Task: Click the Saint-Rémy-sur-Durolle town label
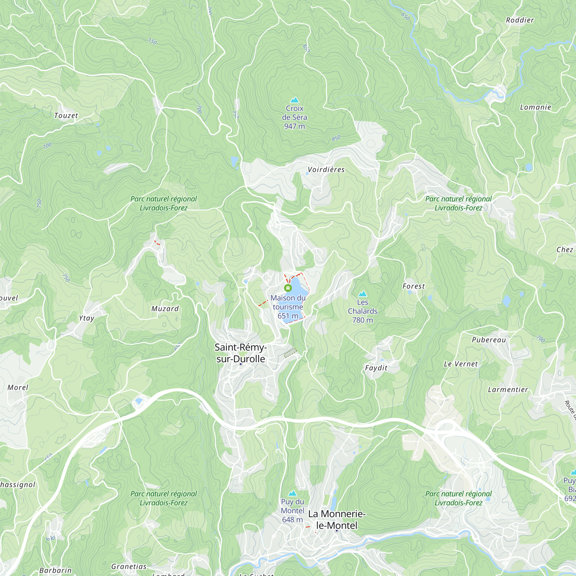tap(240, 353)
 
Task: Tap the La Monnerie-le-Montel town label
tap(337, 519)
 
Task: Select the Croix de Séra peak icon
tap(295, 100)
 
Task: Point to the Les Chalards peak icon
tap(363, 294)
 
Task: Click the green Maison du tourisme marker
tap(288, 288)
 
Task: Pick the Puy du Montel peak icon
tap(293, 493)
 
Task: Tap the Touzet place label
tap(66, 116)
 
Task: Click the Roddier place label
tap(520, 20)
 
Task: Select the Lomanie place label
tap(535, 107)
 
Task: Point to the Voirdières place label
tap(326, 170)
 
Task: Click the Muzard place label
tap(165, 309)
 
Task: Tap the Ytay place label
tap(86, 318)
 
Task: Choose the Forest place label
tap(414, 286)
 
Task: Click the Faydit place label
tap(376, 368)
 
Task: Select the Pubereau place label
tap(489, 340)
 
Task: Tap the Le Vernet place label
tap(461, 364)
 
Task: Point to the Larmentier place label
tap(508, 390)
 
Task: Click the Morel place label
tap(18, 388)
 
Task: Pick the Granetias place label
tap(129, 566)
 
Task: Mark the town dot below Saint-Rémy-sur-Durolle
tap(241, 364)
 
